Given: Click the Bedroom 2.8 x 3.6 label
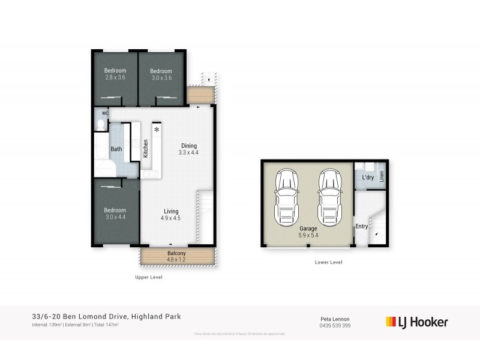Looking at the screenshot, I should pos(115,74).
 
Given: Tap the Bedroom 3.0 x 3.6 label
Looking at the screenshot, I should pos(161,74).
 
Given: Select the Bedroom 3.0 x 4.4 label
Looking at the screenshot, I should pos(115,214).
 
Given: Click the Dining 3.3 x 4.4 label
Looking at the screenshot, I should pos(188,149).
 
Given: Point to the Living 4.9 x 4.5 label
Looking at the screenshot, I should pos(171,214).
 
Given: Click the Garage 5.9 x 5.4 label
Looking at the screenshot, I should pos(308,232).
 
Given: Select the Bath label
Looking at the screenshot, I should pos(116,149).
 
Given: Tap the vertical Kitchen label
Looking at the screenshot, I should pos(146,149).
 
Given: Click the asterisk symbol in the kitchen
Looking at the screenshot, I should pos(157,130).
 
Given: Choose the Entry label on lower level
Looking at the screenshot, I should pos(361,226).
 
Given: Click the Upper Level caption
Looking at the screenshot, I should pos(149,278).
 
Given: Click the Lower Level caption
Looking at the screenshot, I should pos(328,263).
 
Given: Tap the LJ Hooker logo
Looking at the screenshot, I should pos(416,322).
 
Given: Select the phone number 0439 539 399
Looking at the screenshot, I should pos(335,325).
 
